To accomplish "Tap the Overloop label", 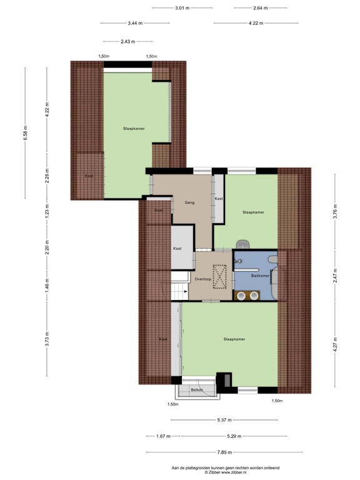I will tap(202, 279).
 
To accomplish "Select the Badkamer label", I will tap(259, 275).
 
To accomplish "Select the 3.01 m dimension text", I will tap(182, 8).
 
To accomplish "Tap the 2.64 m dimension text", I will tap(260, 8).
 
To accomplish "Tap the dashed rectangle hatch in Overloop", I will tap(221, 277).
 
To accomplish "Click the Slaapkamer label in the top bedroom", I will tap(134, 128).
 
